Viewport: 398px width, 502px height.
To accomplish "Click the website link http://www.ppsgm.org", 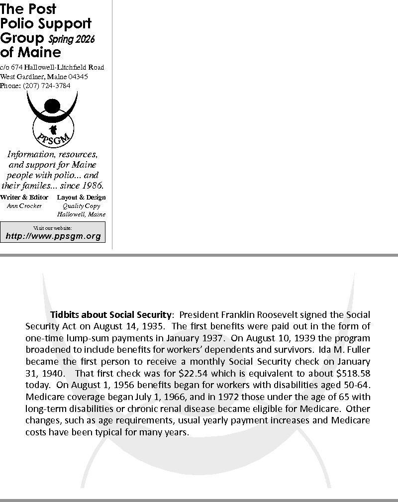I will point(53,236).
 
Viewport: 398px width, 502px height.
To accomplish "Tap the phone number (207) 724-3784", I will point(47,86).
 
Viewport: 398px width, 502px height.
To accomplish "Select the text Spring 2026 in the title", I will point(71,39).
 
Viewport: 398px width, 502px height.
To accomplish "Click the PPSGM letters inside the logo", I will point(53,134).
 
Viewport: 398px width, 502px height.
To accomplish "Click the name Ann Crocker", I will point(24,206).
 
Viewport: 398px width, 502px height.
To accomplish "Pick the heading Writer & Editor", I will point(24,198).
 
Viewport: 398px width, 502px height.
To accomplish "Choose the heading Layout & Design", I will point(82,198).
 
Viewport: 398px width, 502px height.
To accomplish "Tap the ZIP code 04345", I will point(79,77).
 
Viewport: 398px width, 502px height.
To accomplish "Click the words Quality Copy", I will point(81,206).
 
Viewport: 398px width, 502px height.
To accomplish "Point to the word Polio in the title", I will point(17,23).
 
